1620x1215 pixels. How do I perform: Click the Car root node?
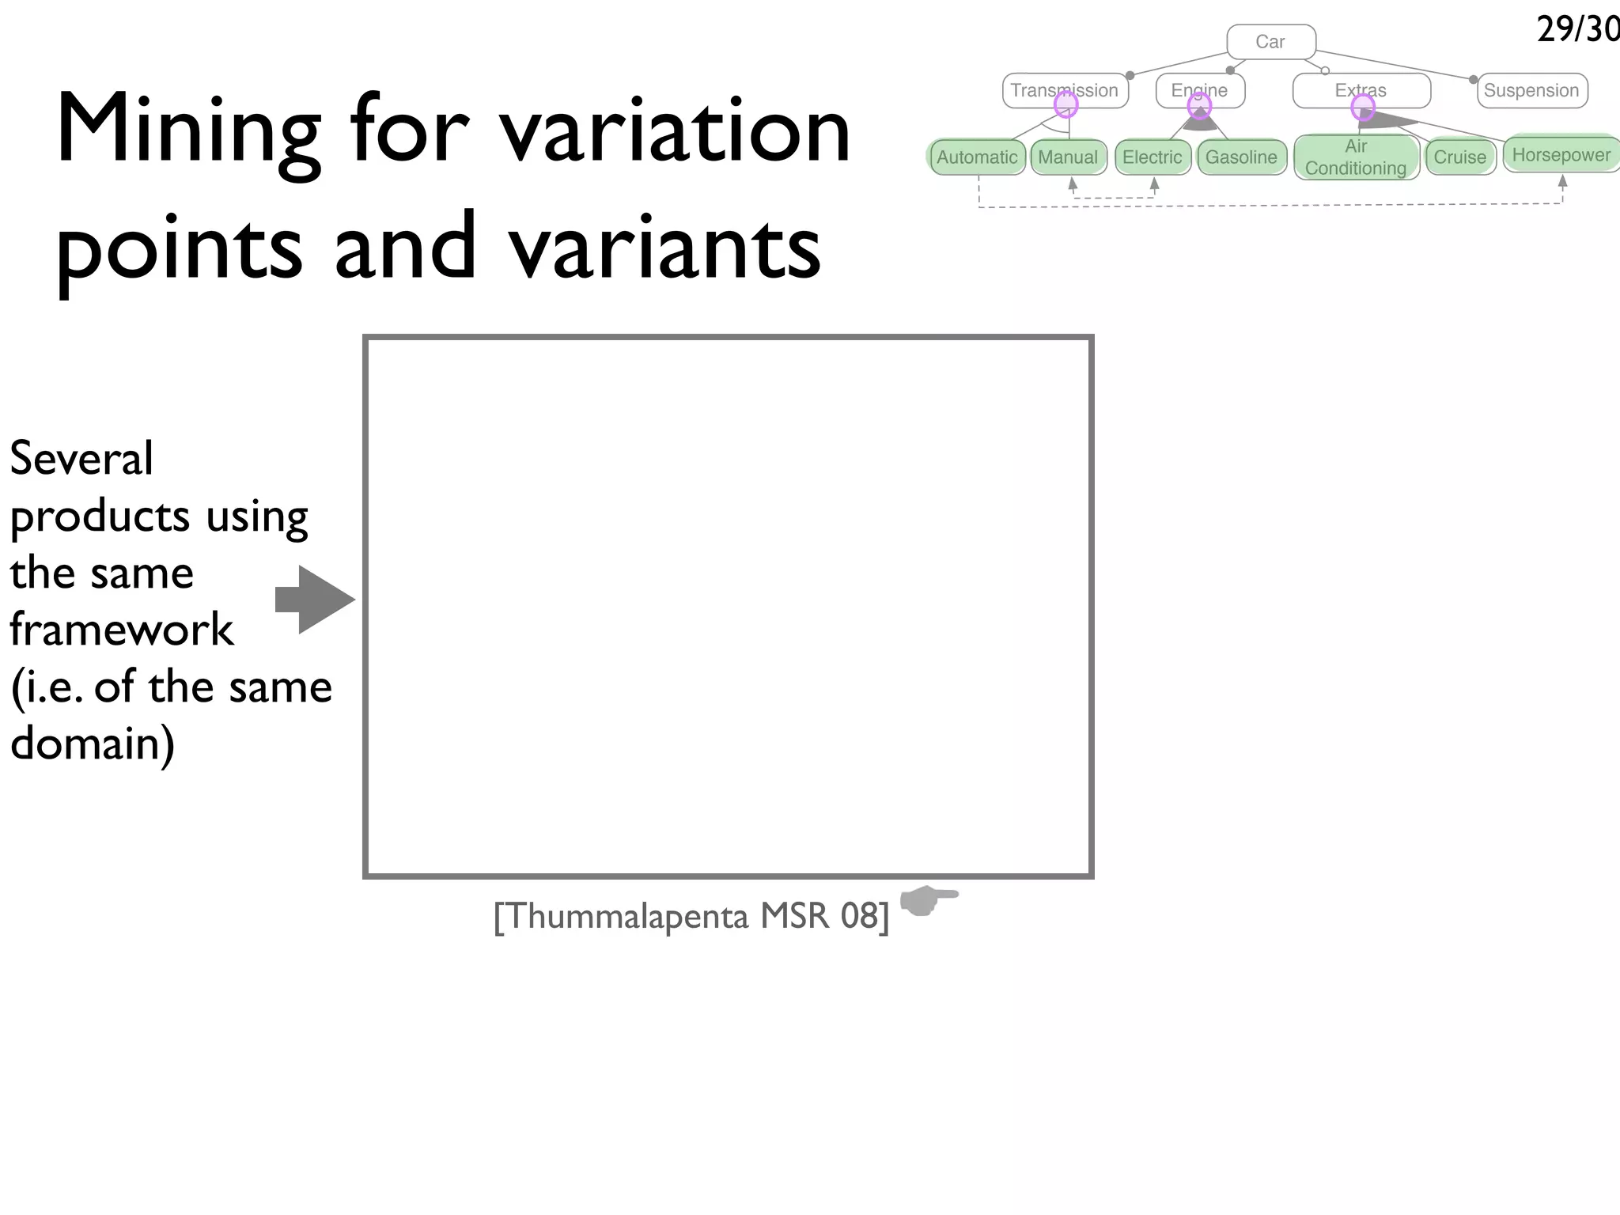(1270, 42)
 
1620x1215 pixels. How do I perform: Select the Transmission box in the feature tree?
(1064, 90)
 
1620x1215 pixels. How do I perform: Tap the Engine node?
(1199, 89)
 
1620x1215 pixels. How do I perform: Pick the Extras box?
(1361, 90)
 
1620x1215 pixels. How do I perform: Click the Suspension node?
(1531, 90)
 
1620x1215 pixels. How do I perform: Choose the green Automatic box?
(977, 157)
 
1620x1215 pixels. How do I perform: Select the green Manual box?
(1068, 157)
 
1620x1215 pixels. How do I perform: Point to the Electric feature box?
(1152, 157)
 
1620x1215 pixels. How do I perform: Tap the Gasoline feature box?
(1241, 157)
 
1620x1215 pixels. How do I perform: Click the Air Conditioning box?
(1356, 157)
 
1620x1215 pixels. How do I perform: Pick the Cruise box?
(1459, 157)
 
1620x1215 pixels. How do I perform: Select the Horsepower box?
(1561, 154)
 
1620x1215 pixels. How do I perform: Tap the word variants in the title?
(664, 248)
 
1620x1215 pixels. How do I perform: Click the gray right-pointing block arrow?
(315, 599)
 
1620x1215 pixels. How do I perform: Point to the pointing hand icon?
(928, 899)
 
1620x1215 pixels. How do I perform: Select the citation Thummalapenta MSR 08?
(691, 916)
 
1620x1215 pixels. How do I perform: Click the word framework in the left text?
(122, 630)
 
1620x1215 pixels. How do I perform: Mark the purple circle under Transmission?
(1066, 104)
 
